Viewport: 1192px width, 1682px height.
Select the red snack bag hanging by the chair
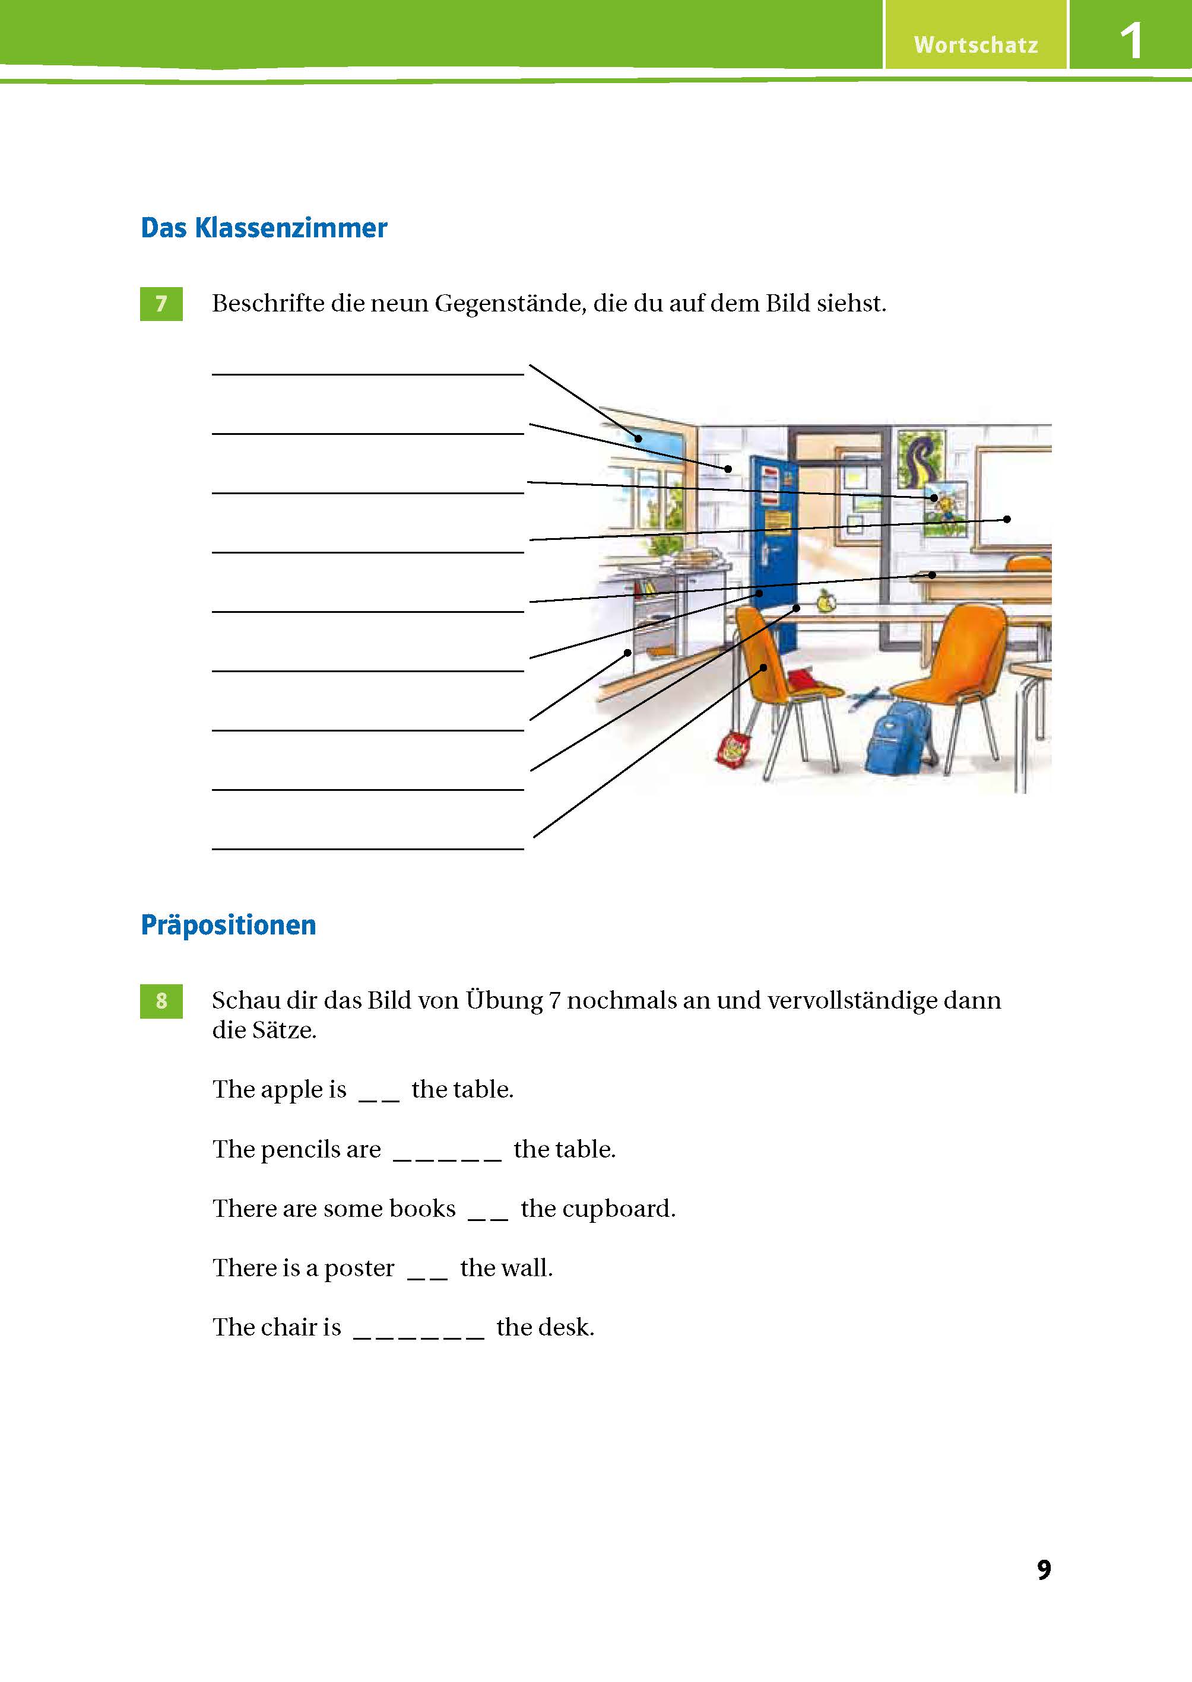733,751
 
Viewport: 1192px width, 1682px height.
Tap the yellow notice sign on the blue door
776,522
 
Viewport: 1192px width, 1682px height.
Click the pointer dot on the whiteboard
1007,519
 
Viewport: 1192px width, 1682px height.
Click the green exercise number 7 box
161,303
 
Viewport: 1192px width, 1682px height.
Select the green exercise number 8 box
161,1000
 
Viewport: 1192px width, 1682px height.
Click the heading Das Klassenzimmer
264,228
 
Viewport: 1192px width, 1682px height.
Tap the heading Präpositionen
229,925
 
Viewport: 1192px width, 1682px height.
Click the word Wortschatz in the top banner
975,44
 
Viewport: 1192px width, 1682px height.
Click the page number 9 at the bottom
1044,1569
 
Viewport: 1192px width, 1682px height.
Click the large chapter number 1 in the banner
1131,40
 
